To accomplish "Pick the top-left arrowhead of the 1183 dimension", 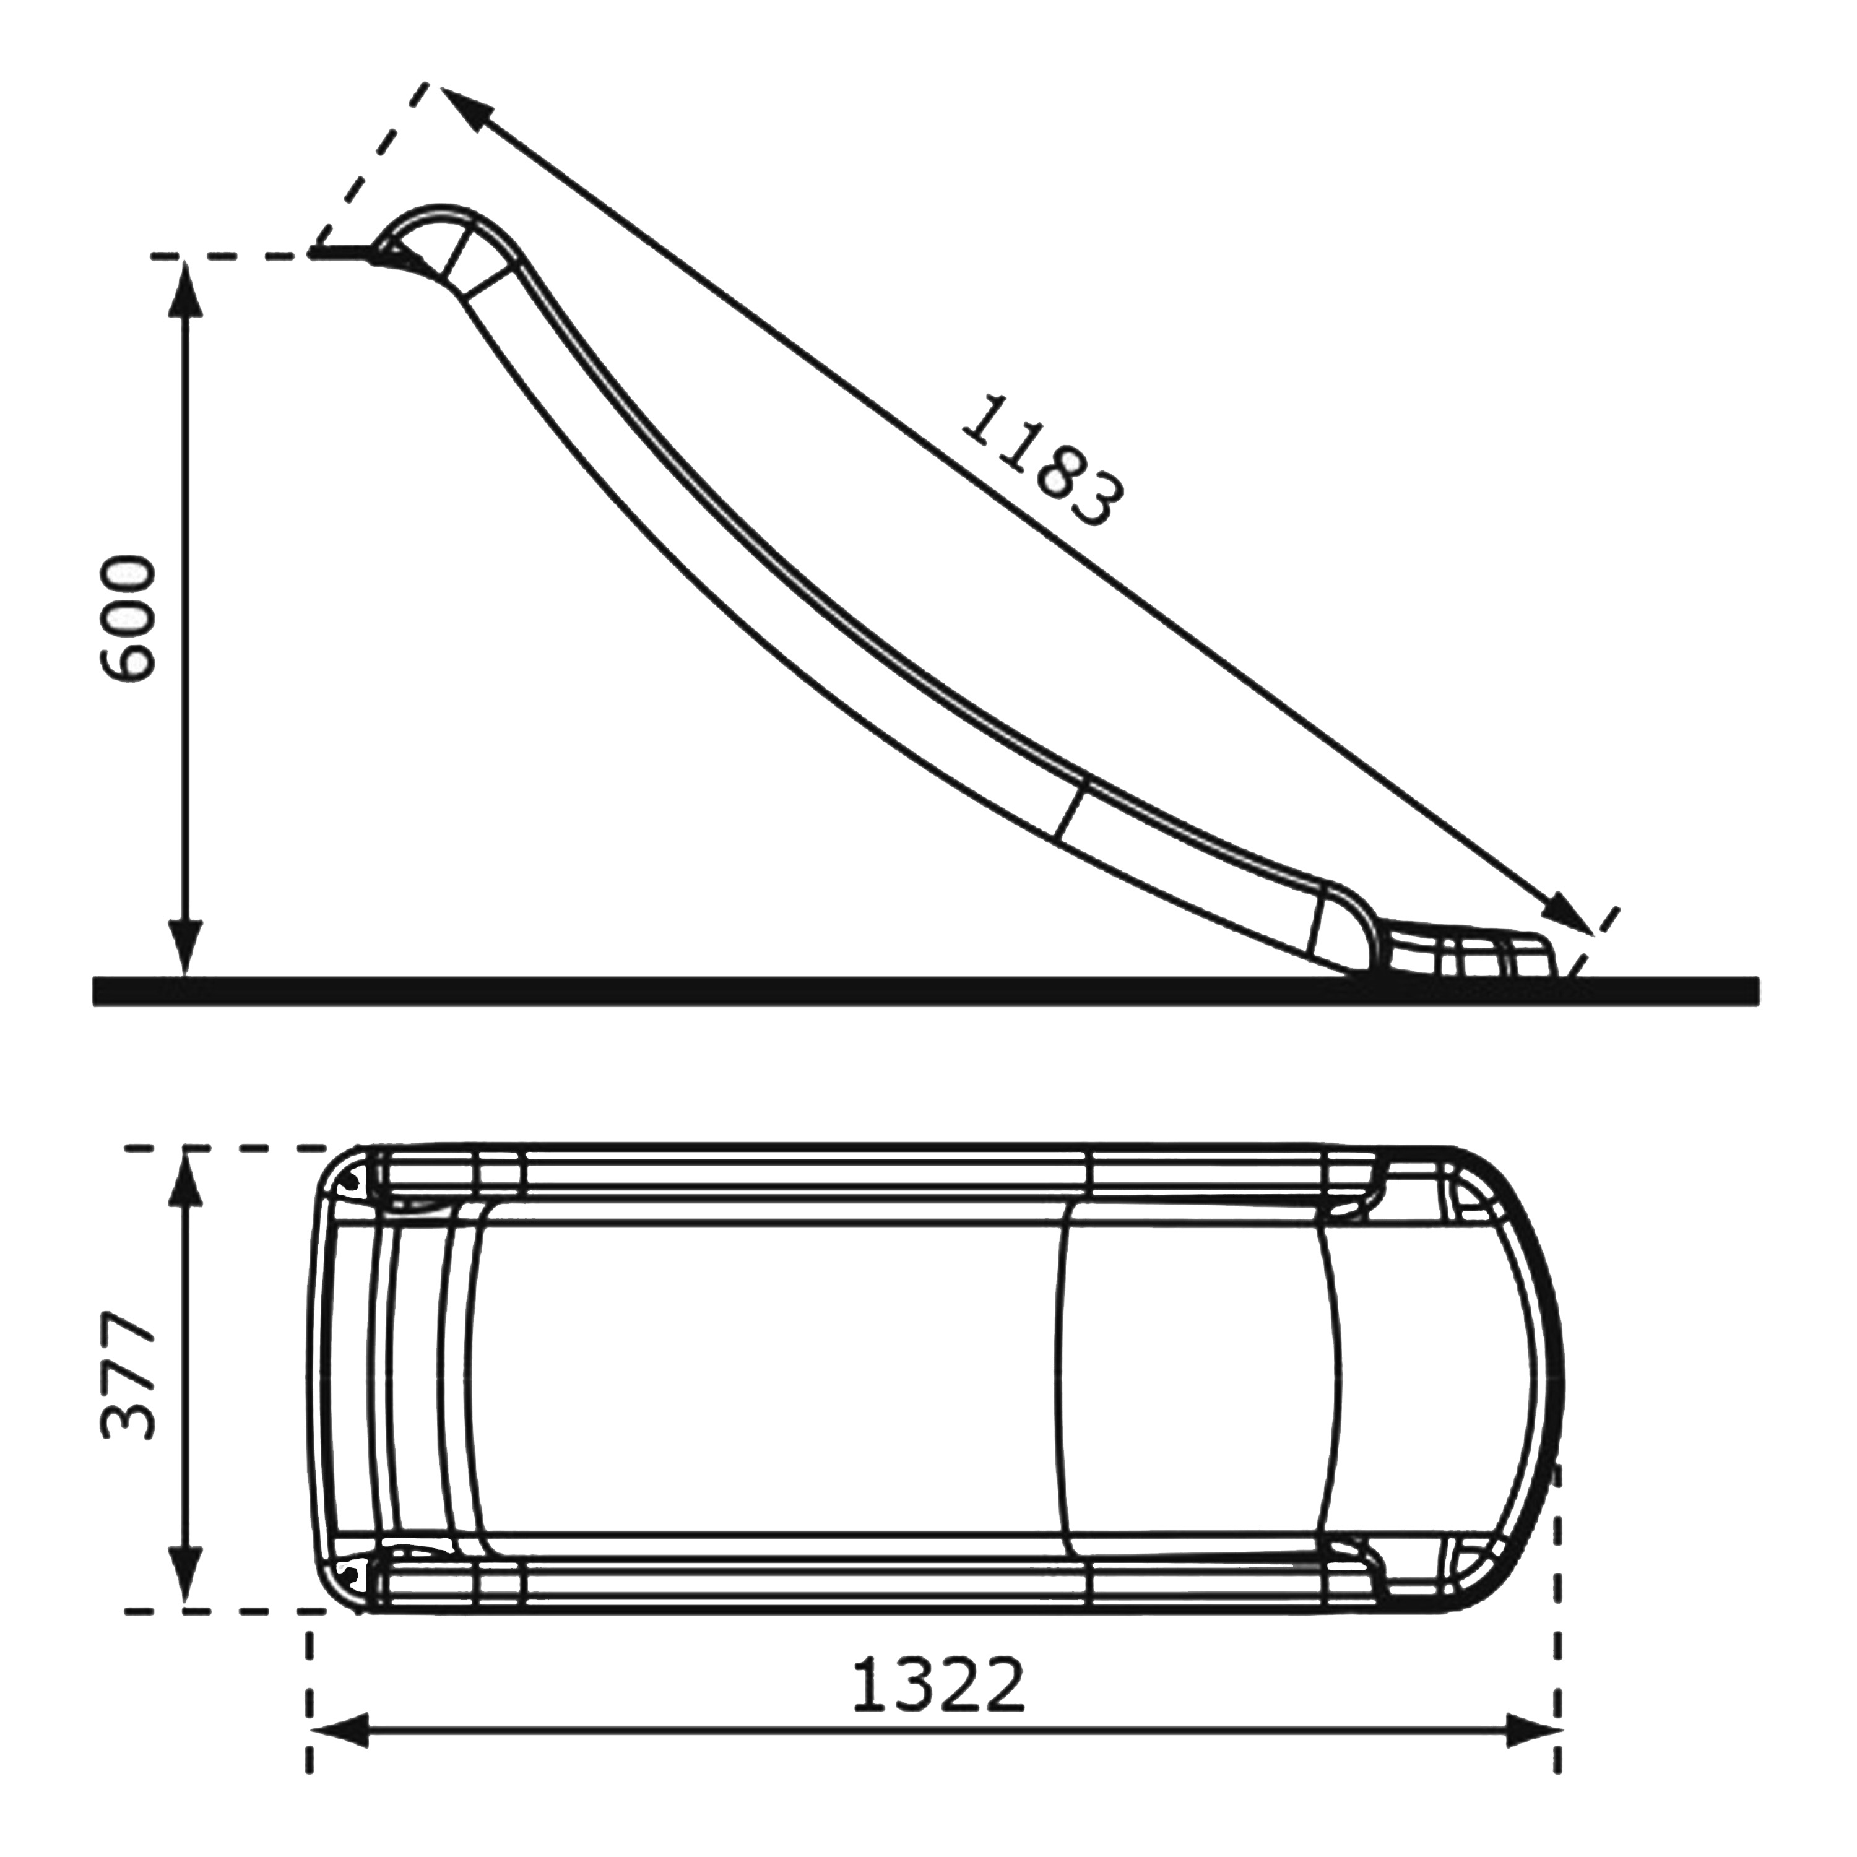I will click(x=465, y=106).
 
